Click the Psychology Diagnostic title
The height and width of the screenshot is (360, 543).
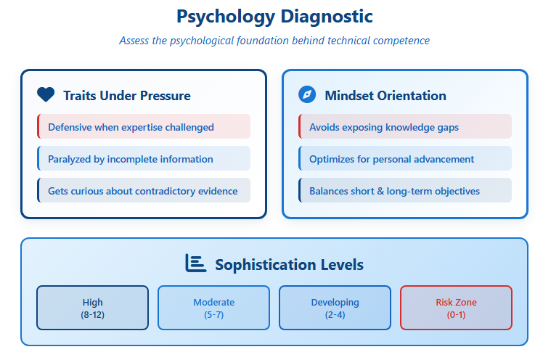[x=274, y=17]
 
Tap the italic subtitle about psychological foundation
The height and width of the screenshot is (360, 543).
[x=274, y=41]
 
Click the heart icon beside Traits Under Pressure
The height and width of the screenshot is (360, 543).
[x=46, y=94]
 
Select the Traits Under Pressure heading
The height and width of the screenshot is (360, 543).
[x=127, y=96]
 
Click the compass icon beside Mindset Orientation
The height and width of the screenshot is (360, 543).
[x=307, y=94]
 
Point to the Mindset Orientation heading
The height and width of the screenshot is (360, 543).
[x=385, y=96]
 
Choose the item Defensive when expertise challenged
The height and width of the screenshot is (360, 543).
[x=144, y=126]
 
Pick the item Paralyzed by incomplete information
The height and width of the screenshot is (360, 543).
[x=144, y=158]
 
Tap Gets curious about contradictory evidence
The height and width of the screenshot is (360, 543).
[x=144, y=190]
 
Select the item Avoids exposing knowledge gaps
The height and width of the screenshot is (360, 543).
[x=405, y=126]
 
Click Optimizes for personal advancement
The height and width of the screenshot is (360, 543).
[x=405, y=158]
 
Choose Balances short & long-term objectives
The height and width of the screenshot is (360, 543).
[x=405, y=190]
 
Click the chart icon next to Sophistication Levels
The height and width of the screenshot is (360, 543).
[x=196, y=263]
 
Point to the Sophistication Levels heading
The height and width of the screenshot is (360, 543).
[x=289, y=265]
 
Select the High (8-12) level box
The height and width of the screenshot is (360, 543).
[x=92, y=308]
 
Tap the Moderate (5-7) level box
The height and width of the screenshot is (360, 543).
[x=213, y=308]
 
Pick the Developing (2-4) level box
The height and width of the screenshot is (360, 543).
[x=335, y=308]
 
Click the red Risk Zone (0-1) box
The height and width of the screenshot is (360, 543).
[x=456, y=308]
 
